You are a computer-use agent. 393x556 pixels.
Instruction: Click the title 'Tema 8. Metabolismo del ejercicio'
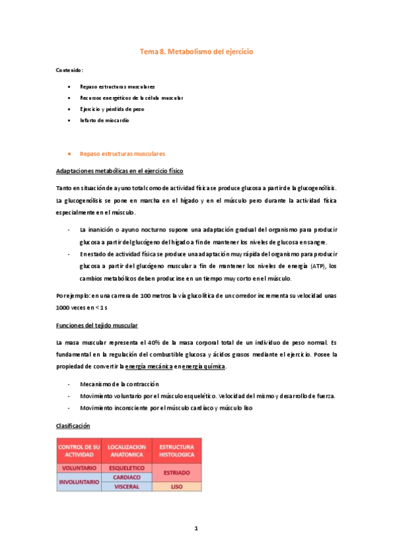click(x=197, y=51)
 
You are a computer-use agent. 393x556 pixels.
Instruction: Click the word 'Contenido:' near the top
click(x=70, y=69)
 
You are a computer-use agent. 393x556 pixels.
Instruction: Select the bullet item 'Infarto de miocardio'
click(x=104, y=121)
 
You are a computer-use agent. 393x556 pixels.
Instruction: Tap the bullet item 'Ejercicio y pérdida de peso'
click(x=112, y=109)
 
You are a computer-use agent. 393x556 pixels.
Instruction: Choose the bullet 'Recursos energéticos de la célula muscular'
click(x=131, y=98)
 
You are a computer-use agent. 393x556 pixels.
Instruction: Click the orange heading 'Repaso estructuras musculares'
click(x=122, y=154)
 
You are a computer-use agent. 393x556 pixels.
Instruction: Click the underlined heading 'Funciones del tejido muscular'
click(x=97, y=326)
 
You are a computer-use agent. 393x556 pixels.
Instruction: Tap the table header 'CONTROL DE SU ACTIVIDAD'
click(x=79, y=450)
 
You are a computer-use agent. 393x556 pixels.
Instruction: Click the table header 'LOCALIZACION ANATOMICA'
click(x=126, y=450)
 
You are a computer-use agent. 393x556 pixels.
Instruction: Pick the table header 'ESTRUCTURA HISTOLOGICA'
click(x=176, y=450)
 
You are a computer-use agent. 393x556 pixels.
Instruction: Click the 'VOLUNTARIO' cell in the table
click(x=79, y=468)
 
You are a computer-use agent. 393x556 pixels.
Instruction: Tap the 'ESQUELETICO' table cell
click(x=126, y=468)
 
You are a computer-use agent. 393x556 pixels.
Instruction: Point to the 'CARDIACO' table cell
click(x=126, y=477)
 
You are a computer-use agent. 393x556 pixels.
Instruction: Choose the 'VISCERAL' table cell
click(x=126, y=486)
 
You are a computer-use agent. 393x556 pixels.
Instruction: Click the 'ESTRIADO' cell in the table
click(x=176, y=473)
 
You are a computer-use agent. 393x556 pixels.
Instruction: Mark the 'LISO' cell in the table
click(x=176, y=486)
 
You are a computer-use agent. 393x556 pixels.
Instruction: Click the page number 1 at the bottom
click(x=196, y=528)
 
